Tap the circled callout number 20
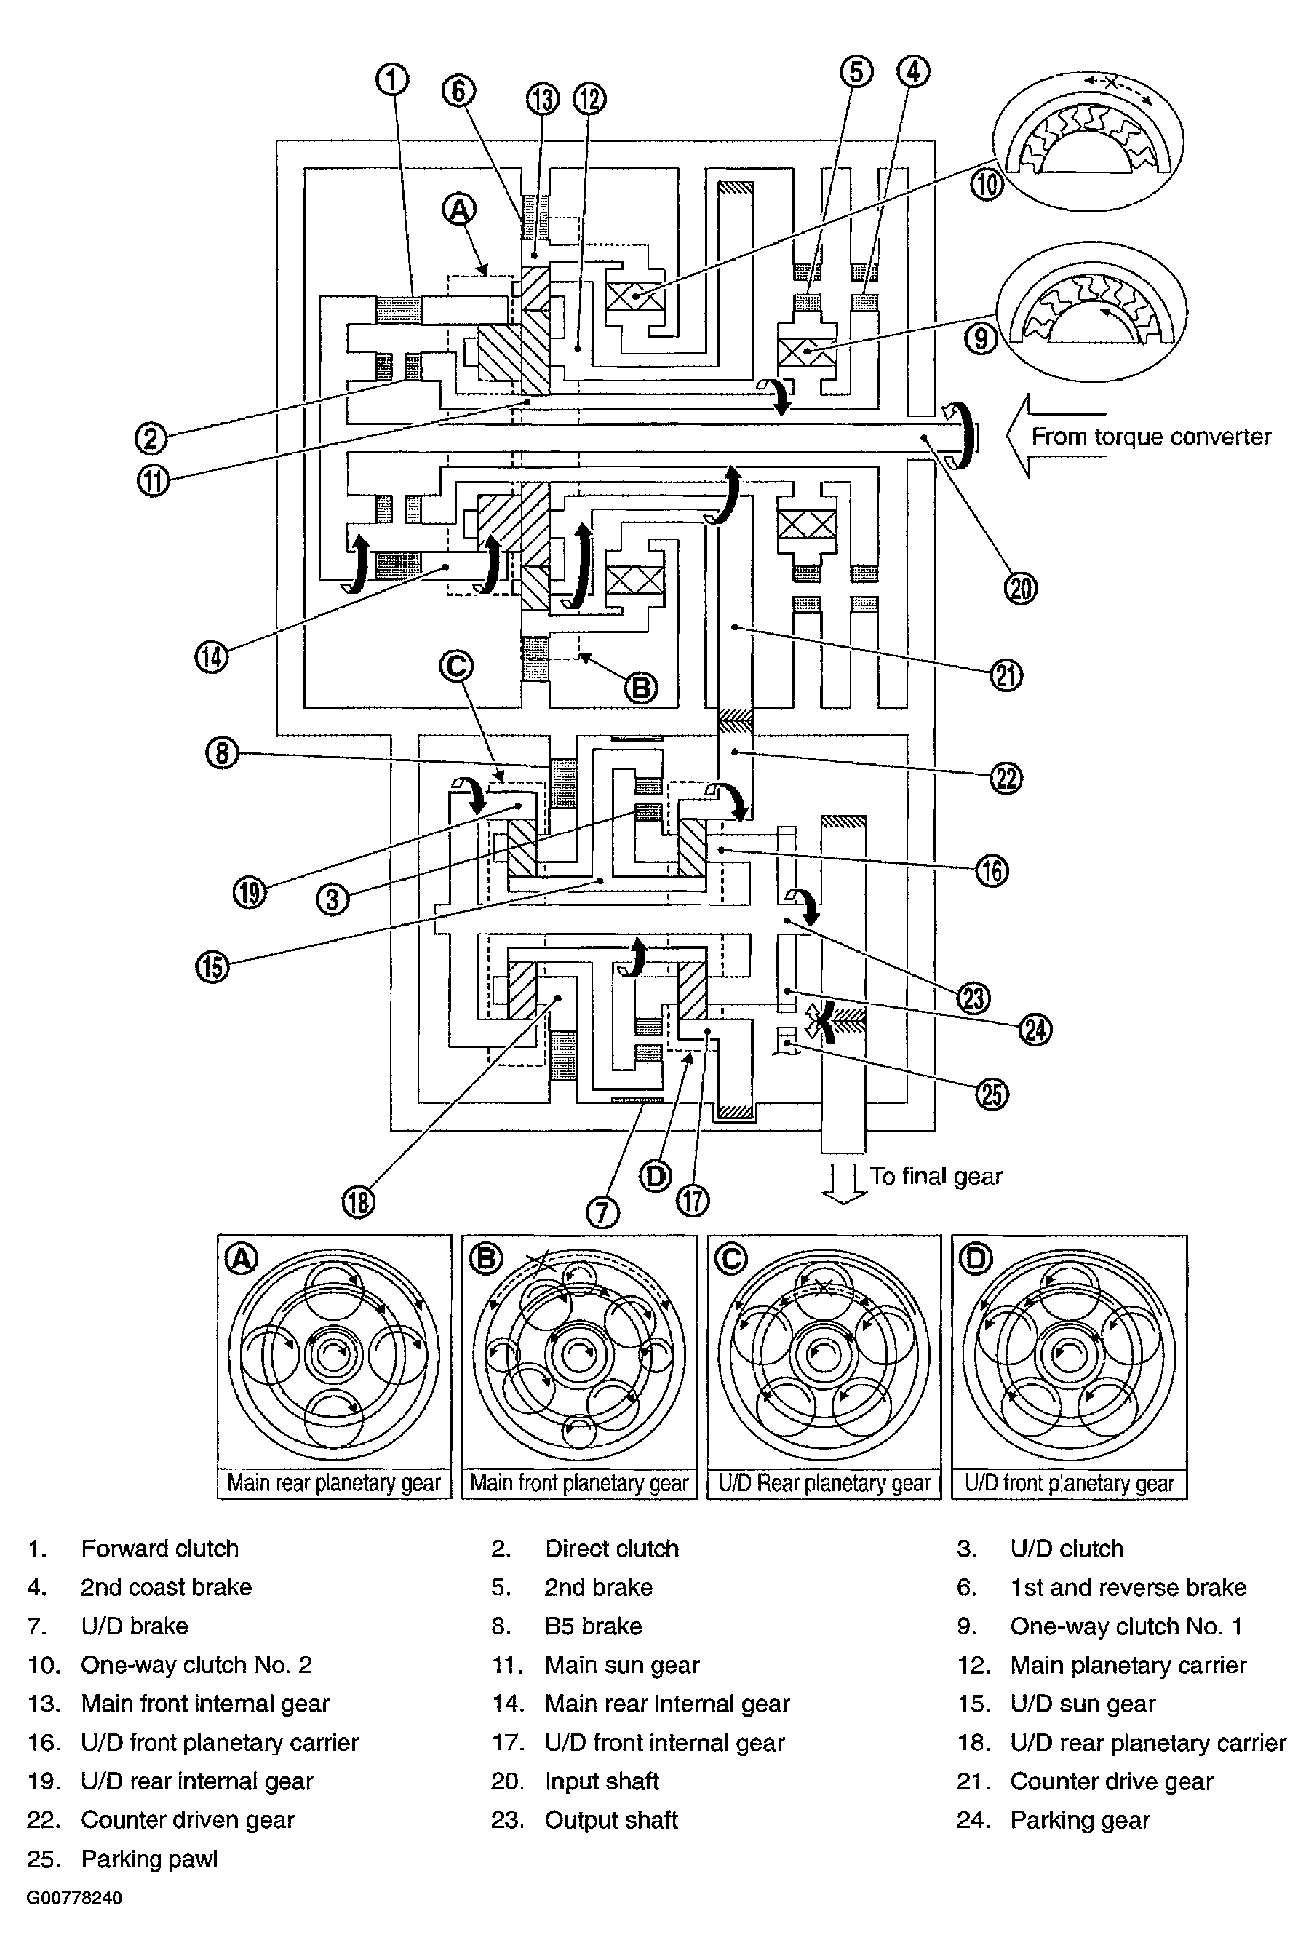pos(1021,589)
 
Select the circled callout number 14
pos(212,656)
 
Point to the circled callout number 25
pos(992,1094)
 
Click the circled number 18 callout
pos(359,1203)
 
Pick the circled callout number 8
pos(221,752)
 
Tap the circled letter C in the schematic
pos(457,667)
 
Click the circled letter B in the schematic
pos(641,688)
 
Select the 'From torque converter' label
pos(1150,437)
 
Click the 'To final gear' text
pos(935,1176)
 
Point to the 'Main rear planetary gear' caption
pos(335,1483)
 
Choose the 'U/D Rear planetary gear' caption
pos(824,1483)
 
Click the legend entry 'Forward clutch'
pos(160,1549)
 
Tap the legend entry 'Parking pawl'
pos(149,1859)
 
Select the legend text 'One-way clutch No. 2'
pos(196,1665)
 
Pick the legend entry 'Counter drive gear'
pos(1111,1781)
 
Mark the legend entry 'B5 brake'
pos(593,1626)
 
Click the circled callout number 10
pos(987,184)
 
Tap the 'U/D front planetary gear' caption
pos(1070,1483)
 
